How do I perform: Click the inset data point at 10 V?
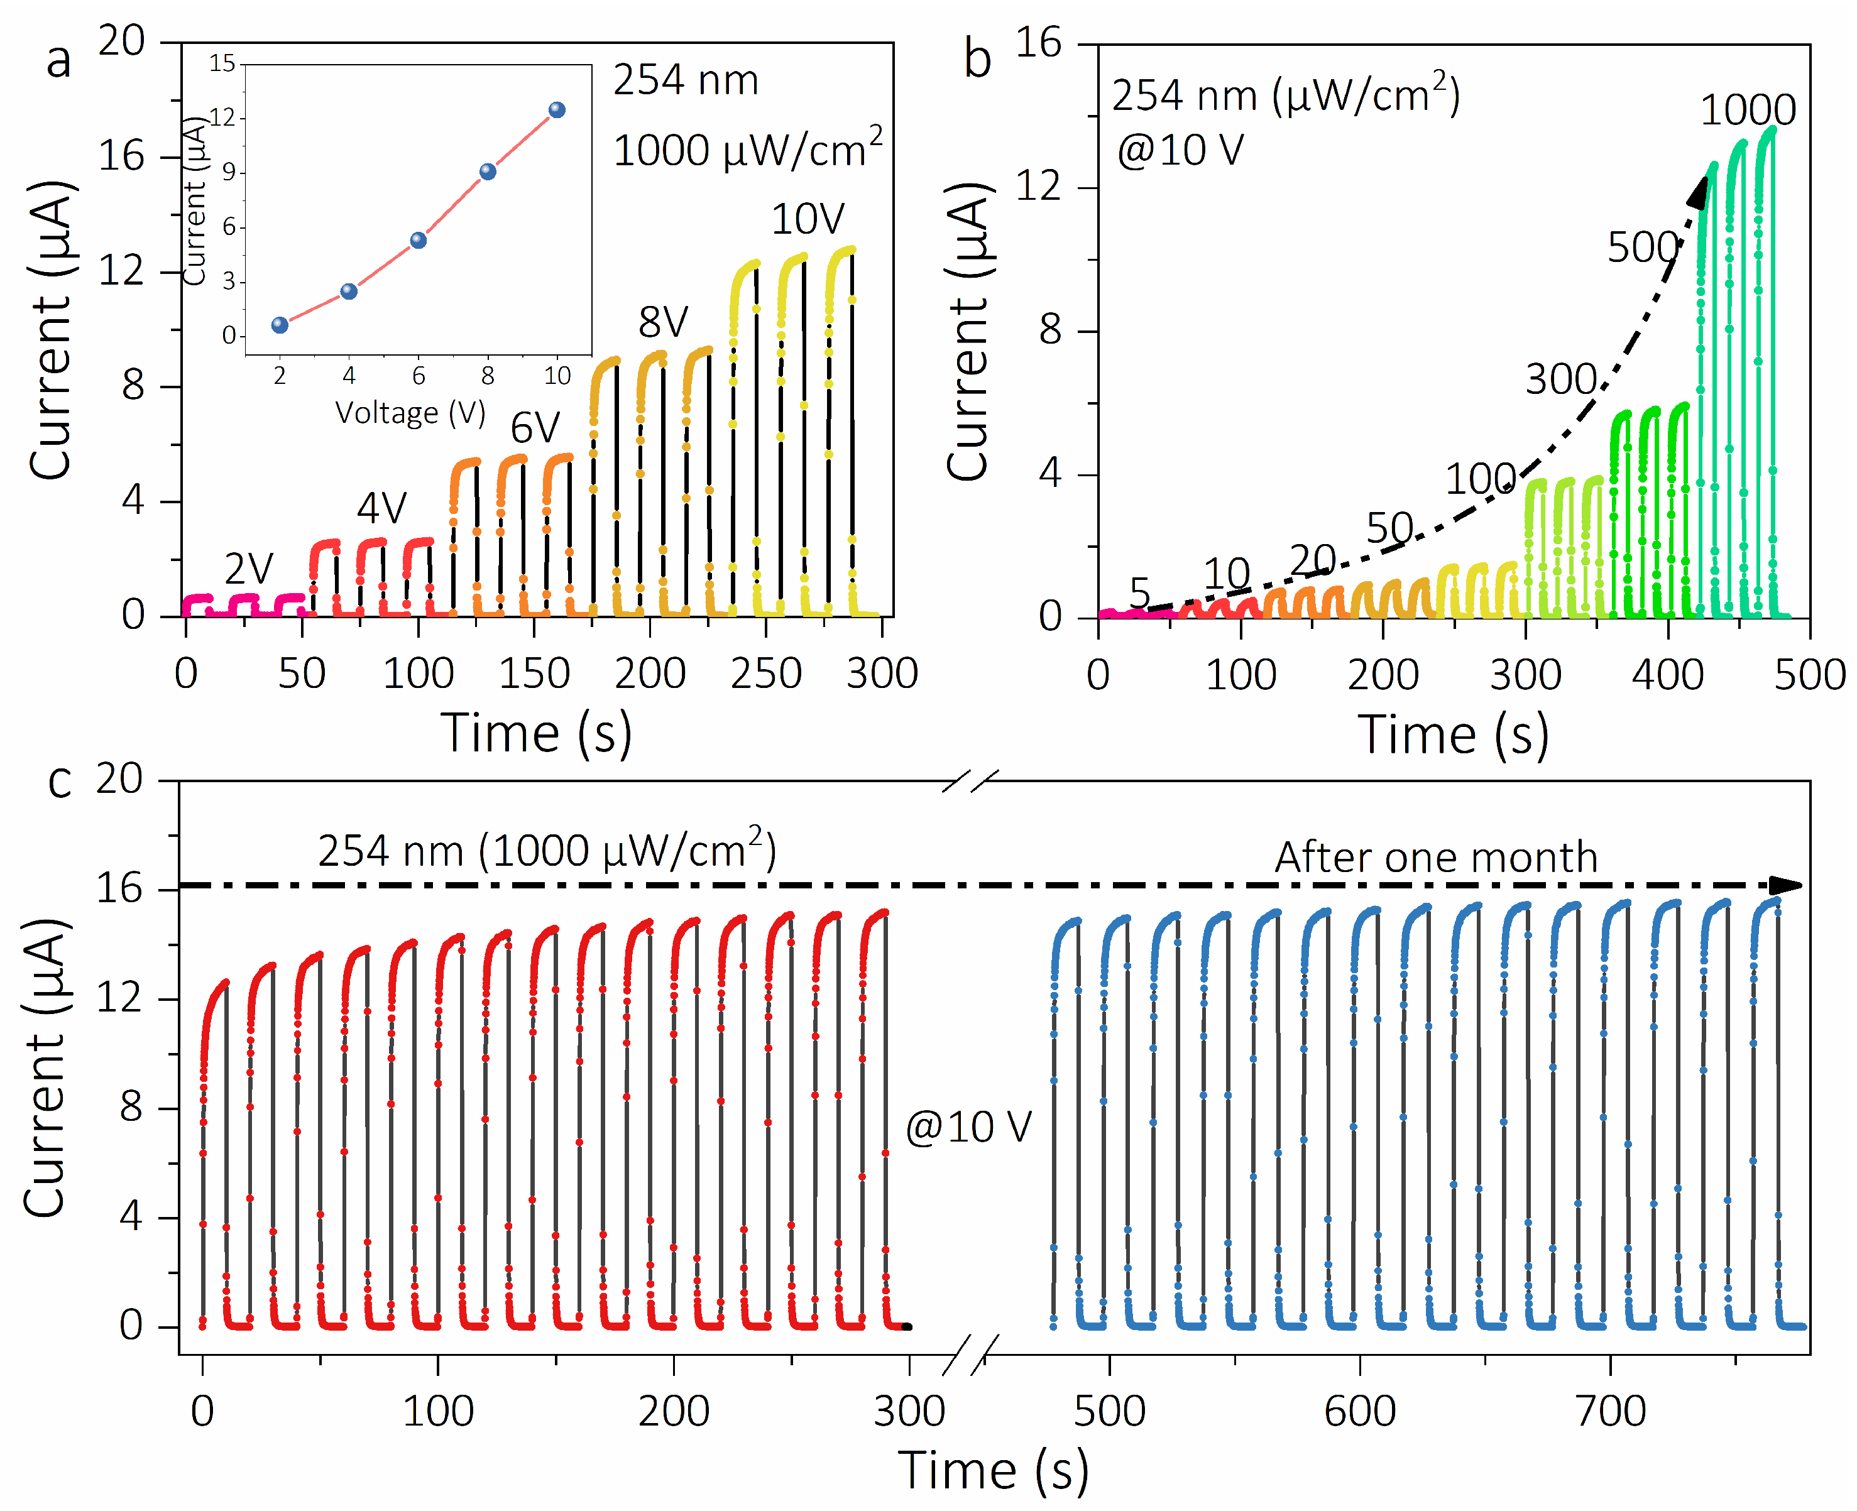coord(557,110)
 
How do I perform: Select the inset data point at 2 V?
coord(280,325)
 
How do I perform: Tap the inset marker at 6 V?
coord(418,240)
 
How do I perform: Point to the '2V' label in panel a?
coord(249,569)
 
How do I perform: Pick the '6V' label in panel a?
coord(535,428)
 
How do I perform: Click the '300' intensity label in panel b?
coord(1560,379)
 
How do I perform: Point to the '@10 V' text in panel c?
coord(968,1127)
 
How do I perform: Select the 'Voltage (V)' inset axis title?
coord(410,413)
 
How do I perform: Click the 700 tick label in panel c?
coord(1611,1411)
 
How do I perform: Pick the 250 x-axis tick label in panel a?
coord(766,674)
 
